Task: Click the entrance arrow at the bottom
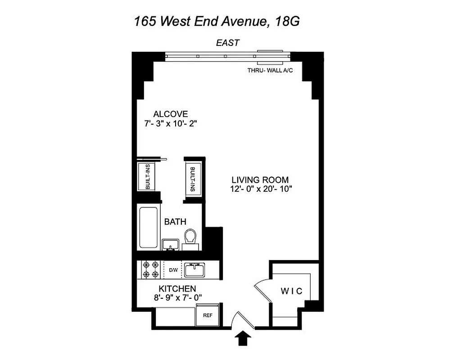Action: point(244,338)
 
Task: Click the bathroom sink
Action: point(170,245)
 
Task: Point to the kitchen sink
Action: point(195,270)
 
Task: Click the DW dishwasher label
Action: point(173,270)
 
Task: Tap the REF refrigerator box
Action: point(208,315)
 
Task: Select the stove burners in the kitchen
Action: point(150,269)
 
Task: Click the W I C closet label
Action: point(292,291)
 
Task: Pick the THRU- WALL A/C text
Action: point(267,70)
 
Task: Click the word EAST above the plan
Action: point(227,43)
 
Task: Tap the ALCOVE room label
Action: point(170,114)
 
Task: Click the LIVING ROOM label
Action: point(261,180)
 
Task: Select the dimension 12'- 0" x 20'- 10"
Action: point(261,189)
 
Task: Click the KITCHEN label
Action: point(177,288)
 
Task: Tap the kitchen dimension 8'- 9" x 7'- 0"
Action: point(177,297)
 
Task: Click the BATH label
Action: point(175,221)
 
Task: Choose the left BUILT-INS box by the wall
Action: point(146,177)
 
